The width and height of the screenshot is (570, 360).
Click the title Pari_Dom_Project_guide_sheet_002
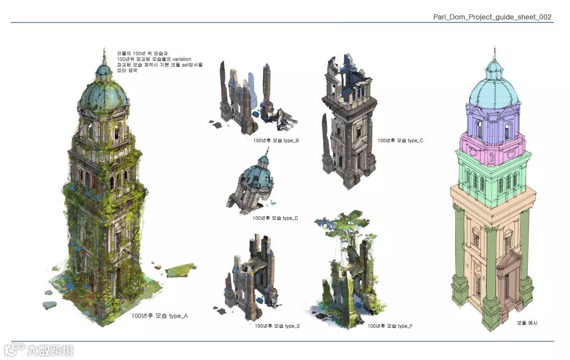click(492, 17)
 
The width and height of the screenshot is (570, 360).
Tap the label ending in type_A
click(159, 316)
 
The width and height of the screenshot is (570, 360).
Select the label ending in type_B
click(276, 141)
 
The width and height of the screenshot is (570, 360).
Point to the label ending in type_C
click(400, 141)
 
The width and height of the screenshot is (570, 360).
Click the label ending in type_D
click(275, 218)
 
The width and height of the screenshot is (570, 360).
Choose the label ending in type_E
click(277, 326)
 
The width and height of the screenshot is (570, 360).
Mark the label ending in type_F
click(390, 326)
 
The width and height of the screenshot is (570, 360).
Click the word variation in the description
click(182, 59)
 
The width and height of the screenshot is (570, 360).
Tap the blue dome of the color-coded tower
click(494, 91)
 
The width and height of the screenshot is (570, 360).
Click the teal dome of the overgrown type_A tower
click(103, 95)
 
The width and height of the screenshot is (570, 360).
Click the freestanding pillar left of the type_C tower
click(326, 144)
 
